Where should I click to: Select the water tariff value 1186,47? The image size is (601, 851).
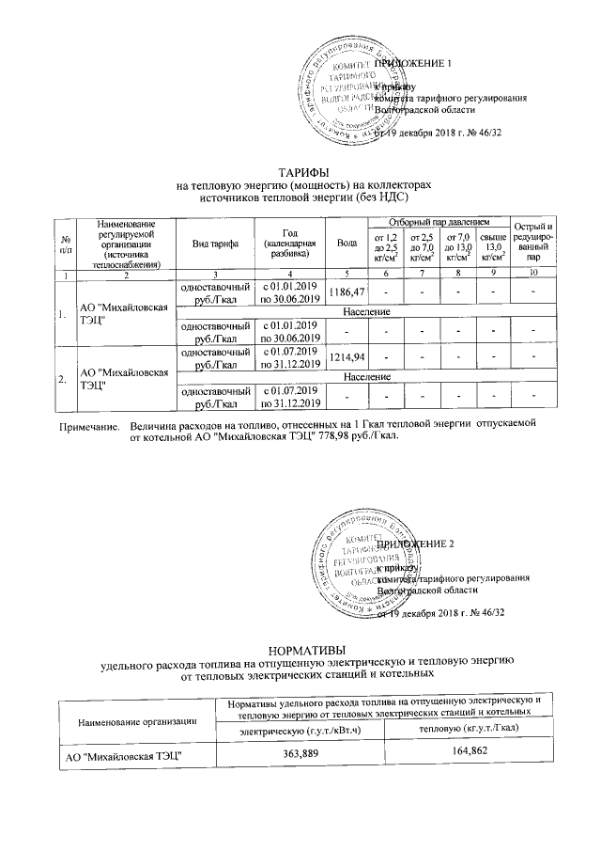point(345,294)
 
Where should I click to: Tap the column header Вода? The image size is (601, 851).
point(346,243)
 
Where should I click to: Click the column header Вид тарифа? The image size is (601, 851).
point(216,243)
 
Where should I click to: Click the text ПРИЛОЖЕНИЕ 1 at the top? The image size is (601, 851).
point(413,63)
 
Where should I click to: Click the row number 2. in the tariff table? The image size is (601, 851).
point(64,379)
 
